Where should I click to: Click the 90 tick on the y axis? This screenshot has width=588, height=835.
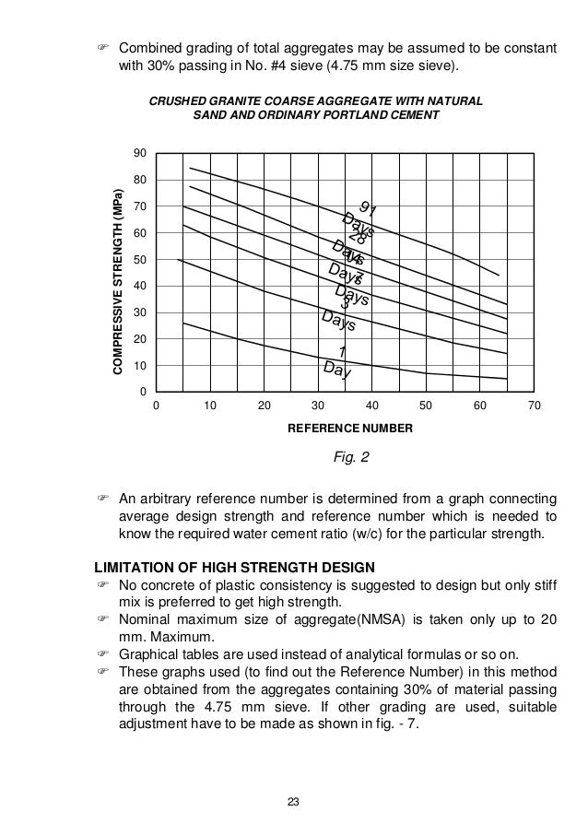(x=141, y=152)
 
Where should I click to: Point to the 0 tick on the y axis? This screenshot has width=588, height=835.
(x=144, y=392)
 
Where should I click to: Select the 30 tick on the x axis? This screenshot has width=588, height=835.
(x=318, y=406)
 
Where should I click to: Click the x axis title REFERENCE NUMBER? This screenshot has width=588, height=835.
(x=344, y=429)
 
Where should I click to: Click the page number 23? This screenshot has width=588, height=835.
(x=293, y=800)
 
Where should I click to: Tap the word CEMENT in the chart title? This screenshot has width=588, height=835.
(x=416, y=116)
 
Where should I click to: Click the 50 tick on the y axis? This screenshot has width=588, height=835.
(x=141, y=259)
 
